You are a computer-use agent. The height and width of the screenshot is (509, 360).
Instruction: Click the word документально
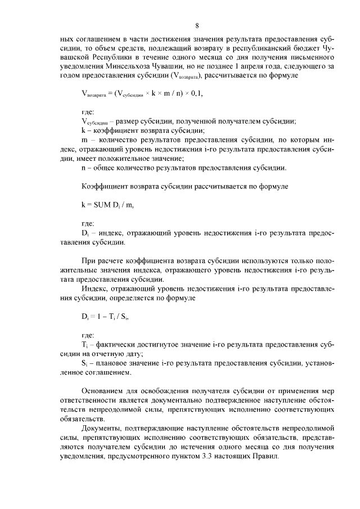(168, 400)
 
